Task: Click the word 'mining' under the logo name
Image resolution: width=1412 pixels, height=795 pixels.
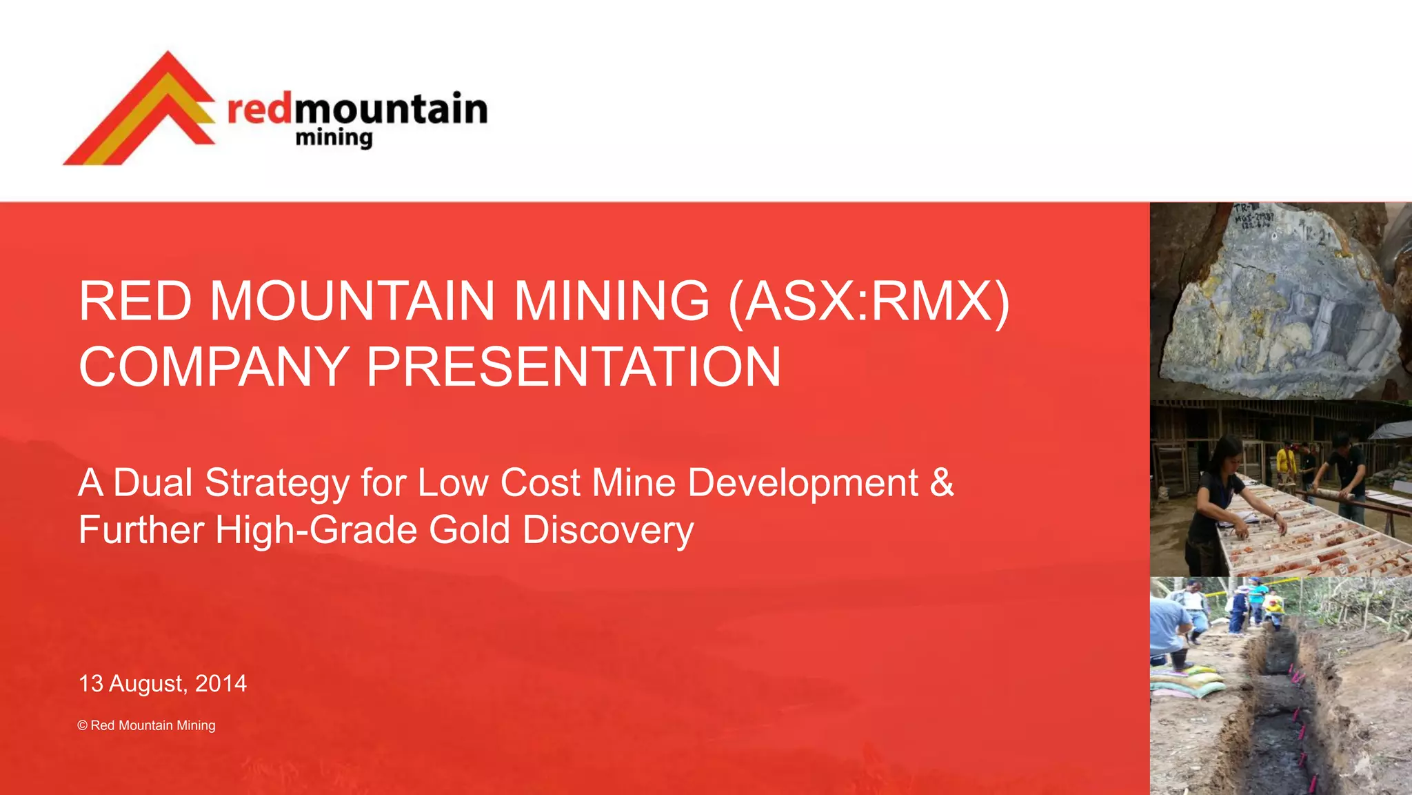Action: (334, 138)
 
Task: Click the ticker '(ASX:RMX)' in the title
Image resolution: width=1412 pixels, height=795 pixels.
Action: (869, 302)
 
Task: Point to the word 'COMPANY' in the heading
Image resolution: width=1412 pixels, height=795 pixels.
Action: (213, 367)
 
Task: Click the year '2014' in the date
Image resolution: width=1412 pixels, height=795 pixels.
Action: (221, 683)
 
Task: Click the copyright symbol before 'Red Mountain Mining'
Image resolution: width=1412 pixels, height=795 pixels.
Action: (83, 725)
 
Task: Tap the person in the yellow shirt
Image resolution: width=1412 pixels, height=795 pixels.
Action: (1283, 462)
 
